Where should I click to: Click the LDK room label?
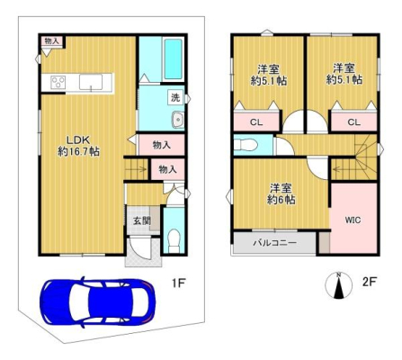coord(78,139)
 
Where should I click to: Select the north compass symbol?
coord(339,285)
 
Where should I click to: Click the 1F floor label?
coord(179,283)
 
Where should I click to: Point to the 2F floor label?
coord(370,282)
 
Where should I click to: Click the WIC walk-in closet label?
coord(353,220)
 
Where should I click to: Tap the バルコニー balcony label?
coord(275,243)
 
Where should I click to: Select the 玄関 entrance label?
coord(142,221)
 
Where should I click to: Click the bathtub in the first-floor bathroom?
coord(174,58)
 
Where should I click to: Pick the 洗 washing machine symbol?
coord(175,97)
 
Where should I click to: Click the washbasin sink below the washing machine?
coord(178,120)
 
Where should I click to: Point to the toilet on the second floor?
coord(246,145)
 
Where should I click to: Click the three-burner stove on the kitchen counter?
coord(58,82)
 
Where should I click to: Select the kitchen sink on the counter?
coord(91,82)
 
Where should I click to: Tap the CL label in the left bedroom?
coord(256,122)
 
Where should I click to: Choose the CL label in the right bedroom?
coord(354,122)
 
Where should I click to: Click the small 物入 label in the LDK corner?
coord(51,40)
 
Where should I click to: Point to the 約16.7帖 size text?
coord(78,151)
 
